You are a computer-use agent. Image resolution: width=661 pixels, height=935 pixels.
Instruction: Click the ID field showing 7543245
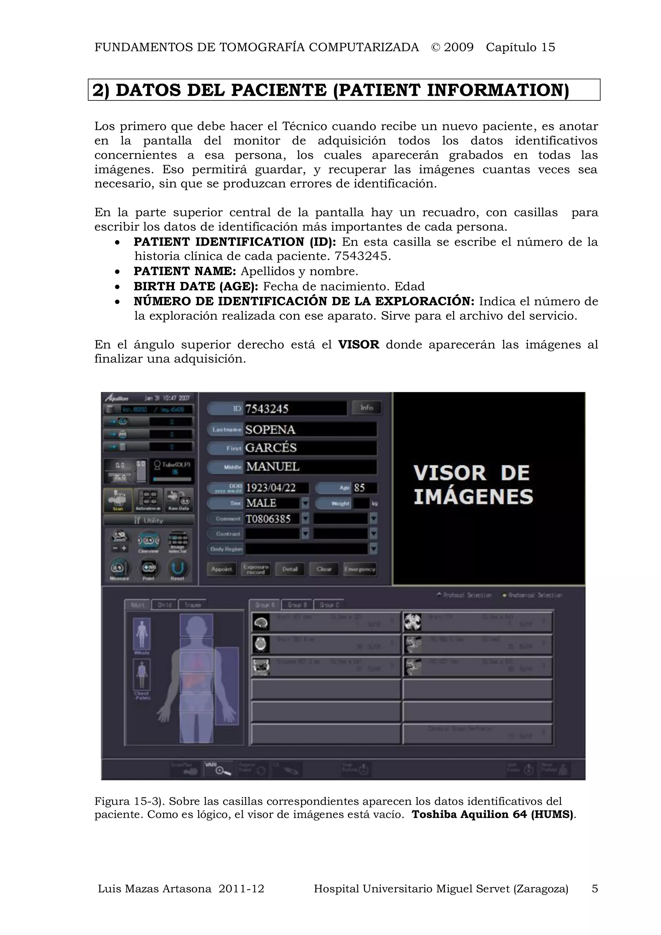click(x=295, y=409)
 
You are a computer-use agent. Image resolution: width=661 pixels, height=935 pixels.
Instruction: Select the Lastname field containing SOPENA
click(x=310, y=430)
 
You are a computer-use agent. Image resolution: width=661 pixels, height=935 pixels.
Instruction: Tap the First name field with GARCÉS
click(x=310, y=448)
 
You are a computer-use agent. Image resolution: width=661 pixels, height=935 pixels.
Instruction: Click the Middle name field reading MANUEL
click(x=310, y=467)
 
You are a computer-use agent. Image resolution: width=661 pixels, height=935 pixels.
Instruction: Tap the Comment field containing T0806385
click(x=272, y=519)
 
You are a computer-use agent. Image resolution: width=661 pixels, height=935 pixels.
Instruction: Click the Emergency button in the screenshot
click(x=360, y=569)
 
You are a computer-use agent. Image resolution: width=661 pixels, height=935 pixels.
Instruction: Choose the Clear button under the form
click(x=324, y=569)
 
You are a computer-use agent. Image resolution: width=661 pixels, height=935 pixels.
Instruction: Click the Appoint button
click(x=221, y=569)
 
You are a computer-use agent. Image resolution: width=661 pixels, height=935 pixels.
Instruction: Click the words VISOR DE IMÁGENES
click(x=473, y=484)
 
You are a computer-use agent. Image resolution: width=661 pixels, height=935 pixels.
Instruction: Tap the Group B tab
click(x=297, y=605)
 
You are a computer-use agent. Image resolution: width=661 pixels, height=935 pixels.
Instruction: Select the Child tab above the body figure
click(x=164, y=605)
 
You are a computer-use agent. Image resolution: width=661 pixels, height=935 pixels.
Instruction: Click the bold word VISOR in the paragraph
click(x=358, y=344)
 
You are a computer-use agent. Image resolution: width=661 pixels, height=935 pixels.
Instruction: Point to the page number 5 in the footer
click(x=595, y=889)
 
